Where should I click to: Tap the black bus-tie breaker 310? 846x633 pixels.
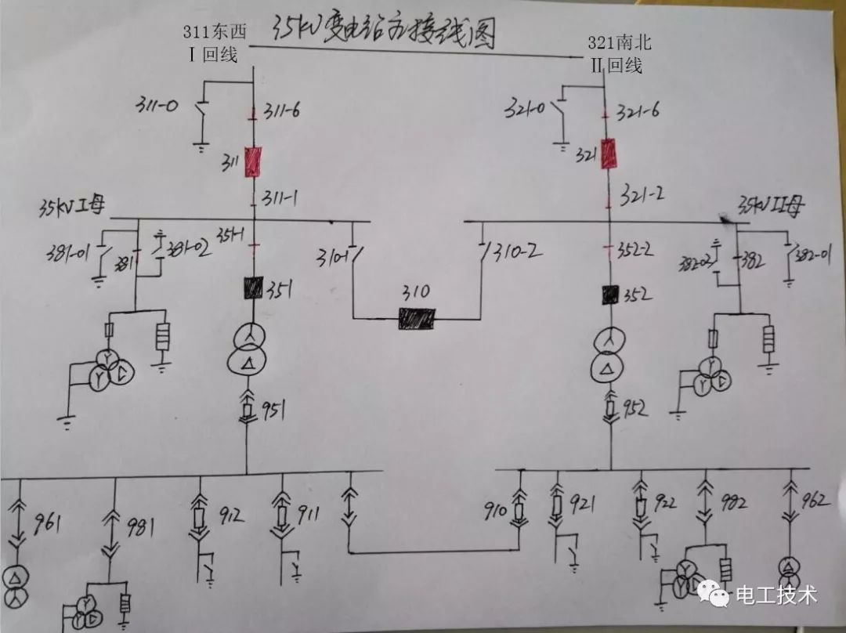(x=417, y=317)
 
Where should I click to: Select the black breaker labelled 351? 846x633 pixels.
(x=252, y=288)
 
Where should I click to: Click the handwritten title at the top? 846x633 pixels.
(x=384, y=32)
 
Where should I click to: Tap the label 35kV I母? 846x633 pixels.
(x=72, y=207)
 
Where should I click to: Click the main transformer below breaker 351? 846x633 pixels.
(x=248, y=349)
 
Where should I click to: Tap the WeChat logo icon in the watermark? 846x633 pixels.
(x=713, y=595)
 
